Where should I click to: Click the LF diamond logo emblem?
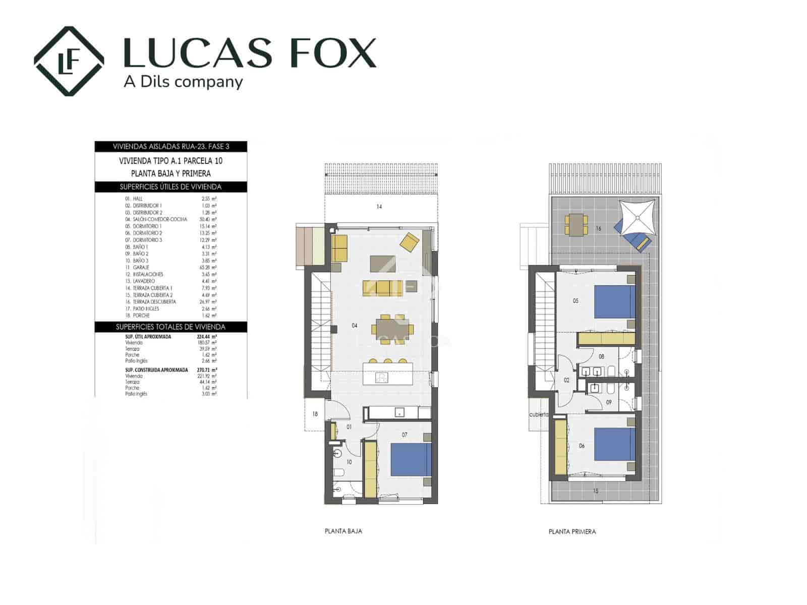coord(69,61)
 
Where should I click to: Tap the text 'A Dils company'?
coord(184,82)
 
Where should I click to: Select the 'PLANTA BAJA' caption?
coord(343,531)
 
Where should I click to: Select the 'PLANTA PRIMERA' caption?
coord(572,531)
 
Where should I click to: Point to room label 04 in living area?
coord(355,326)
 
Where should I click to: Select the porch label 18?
coord(315,414)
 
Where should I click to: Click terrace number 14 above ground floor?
coord(379,207)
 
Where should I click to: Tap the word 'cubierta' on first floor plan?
coord(538,414)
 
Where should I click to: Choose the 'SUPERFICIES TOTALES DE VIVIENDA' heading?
coord(171,327)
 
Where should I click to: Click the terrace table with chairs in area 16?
coord(576,224)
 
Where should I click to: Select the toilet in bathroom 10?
coord(338,473)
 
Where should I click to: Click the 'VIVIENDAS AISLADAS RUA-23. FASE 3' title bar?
coord(171,146)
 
